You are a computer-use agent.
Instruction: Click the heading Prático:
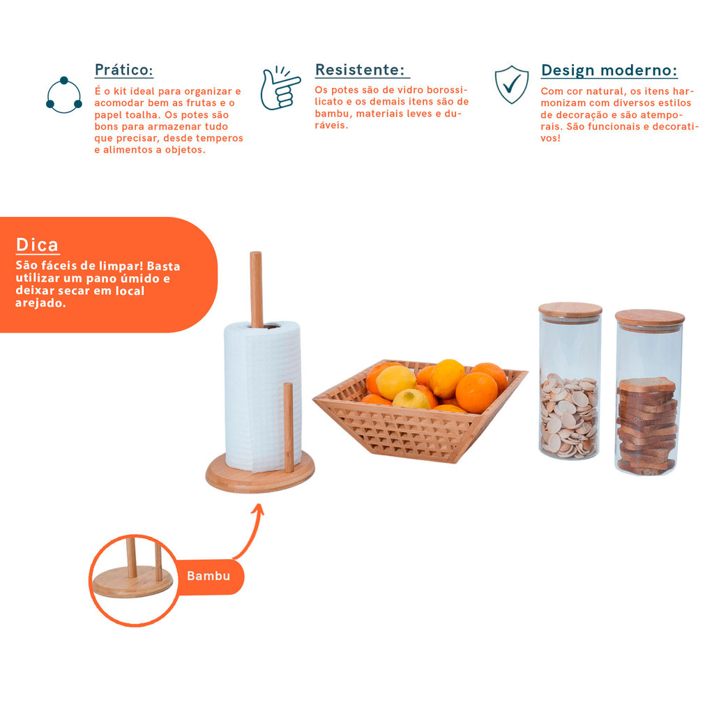[x=123, y=70]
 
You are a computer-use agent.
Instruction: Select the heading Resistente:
[x=360, y=70]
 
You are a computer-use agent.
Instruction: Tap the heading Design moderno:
[x=609, y=70]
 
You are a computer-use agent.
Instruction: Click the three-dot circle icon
[x=63, y=95]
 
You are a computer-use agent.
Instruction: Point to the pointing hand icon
[x=280, y=89]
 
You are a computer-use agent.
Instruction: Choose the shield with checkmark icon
[x=512, y=84]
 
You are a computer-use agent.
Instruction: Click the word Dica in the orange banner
[x=38, y=245]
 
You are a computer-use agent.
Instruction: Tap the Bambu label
[x=208, y=576]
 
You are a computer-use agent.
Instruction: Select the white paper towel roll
[x=263, y=396]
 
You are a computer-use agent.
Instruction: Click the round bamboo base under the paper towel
[x=260, y=473]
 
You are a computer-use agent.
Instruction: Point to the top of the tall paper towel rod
[x=255, y=253]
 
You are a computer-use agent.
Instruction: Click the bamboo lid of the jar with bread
[x=650, y=318]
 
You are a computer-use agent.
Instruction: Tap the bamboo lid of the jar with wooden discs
[x=570, y=310]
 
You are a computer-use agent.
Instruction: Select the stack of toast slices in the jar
[x=646, y=426]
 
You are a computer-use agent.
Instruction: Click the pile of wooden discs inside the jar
[x=569, y=416]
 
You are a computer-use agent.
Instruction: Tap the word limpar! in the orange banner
[x=121, y=266]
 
